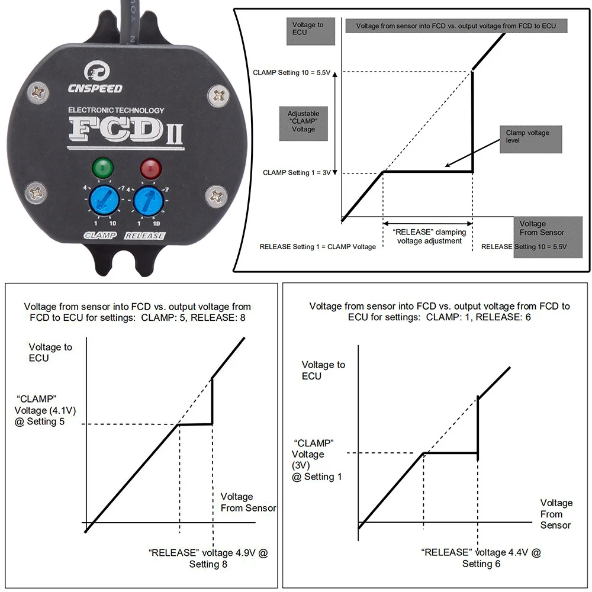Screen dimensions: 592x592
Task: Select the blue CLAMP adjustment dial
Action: (102, 201)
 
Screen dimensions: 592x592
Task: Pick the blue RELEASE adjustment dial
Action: (148, 202)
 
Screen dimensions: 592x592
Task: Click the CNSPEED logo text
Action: (95, 88)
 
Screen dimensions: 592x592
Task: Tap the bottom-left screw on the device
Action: (37, 192)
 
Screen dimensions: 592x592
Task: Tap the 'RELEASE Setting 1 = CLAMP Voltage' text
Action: (317, 246)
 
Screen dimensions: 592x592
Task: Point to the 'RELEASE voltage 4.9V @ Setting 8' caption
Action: (208, 558)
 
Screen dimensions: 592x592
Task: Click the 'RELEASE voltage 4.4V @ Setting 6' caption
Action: (481, 558)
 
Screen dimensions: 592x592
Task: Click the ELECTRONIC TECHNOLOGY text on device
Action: (116, 110)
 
